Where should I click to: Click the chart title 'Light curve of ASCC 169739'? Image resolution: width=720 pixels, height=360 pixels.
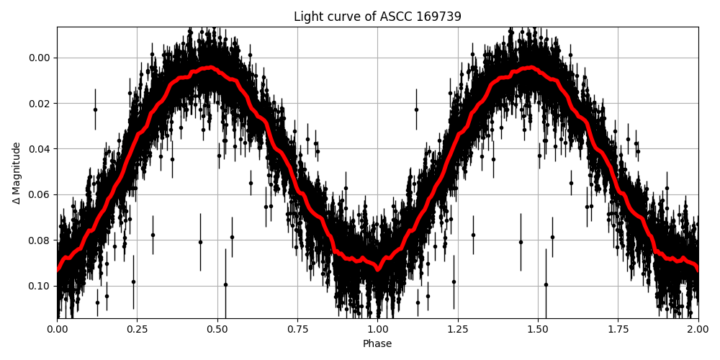click(x=377, y=17)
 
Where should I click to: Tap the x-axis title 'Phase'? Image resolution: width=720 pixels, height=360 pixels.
click(x=377, y=344)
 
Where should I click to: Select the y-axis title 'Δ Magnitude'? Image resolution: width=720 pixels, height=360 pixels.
click(x=17, y=173)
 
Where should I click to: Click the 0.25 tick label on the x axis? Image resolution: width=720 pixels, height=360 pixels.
click(x=138, y=329)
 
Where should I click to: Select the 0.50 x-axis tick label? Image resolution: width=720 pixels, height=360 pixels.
click(x=217, y=329)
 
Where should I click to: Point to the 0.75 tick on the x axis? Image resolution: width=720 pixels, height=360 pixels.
click(x=297, y=329)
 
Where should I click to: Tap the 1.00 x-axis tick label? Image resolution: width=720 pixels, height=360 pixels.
click(x=377, y=329)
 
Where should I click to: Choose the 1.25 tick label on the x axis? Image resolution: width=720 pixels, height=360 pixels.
click(x=457, y=329)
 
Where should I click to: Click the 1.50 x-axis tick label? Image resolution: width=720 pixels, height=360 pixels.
click(x=538, y=329)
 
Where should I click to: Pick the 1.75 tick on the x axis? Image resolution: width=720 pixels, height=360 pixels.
click(x=618, y=329)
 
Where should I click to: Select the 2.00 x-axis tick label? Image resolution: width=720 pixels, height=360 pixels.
click(x=698, y=329)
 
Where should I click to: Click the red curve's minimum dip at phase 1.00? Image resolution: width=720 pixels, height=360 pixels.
click(x=377, y=269)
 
